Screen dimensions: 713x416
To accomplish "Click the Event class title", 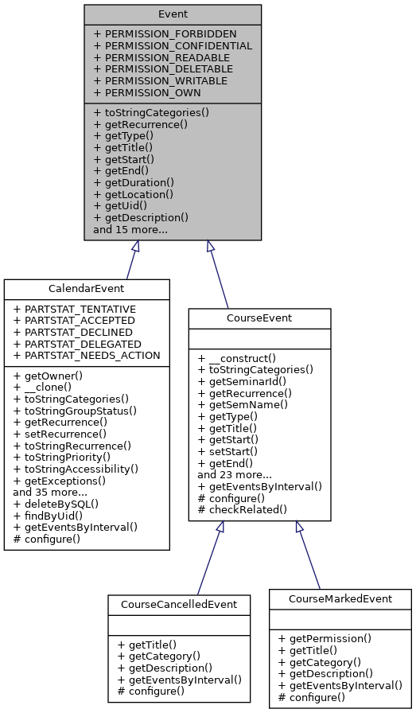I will coord(173,14).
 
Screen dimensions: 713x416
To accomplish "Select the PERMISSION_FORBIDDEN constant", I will coord(165,34).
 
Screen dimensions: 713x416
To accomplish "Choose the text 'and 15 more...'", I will coord(130,229).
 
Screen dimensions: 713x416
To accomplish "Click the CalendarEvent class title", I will coord(87,288).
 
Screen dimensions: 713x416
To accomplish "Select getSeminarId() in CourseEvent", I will coord(248,381).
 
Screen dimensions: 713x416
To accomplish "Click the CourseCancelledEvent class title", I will coord(179,604).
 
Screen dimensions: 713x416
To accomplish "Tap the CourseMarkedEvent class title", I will coord(340,598).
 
